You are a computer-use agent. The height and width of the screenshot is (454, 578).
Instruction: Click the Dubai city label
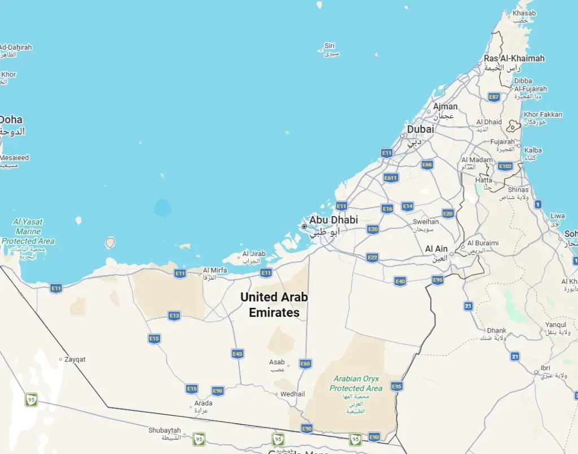coord(421,129)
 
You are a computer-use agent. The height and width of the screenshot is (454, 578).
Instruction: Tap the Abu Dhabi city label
coord(333,220)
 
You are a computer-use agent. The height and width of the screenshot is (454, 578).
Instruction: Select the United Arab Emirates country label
coord(274,304)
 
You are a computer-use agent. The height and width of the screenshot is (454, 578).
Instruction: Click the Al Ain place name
coord(436,249)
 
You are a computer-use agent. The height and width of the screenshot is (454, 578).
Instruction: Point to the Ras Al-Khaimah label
coord(514,58)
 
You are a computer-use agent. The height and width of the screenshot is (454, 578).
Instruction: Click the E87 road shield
coord(494,97)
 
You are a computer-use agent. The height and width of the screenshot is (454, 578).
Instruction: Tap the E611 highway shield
coord(391,178)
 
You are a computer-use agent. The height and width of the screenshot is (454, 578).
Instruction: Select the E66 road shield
coord(427,165)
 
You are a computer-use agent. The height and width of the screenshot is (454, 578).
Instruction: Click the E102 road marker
coord(505,166)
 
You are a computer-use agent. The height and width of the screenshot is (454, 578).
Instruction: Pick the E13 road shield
coord(174,316)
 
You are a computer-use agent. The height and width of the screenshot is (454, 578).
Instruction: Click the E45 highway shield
coord(238,354)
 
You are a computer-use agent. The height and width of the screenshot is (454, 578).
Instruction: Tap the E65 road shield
coord(305,364)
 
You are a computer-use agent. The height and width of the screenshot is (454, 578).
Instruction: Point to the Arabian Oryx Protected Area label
coord(356,384)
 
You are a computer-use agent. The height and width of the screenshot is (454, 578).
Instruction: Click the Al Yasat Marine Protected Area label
coord(28,231)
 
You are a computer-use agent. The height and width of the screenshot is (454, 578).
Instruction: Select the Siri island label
coord(330,46)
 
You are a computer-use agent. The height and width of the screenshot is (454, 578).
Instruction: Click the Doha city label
coord(11,120)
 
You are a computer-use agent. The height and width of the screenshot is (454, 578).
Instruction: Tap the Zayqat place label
coord(75,359)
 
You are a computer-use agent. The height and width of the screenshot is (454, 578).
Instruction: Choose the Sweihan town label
coord(426,222)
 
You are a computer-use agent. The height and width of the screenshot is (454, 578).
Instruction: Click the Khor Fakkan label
coord(542,114)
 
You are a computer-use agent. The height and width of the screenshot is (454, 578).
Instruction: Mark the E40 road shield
coord(400,281)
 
